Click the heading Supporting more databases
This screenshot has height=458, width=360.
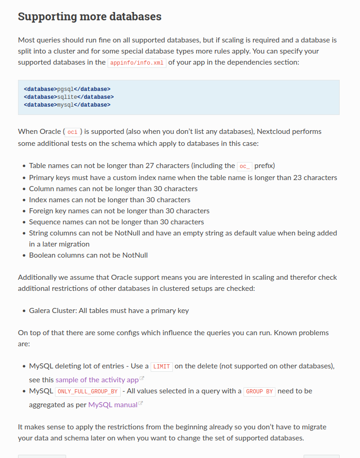[90, 17]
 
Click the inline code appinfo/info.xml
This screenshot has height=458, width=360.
[137, 63]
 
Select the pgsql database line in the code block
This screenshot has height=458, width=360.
[67, 89]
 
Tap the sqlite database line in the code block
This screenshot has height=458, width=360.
[68, 97]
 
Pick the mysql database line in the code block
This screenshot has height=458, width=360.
[67, 105]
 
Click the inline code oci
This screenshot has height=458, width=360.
[72, 132]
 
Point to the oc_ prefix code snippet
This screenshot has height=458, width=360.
[244, 166]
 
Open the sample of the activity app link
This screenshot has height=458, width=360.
[97, 380]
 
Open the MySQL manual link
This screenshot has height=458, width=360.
[113, 404]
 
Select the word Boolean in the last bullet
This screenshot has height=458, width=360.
[43, 255]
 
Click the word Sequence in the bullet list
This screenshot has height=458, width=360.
[45, 222]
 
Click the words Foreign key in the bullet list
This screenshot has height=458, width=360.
[48, 211]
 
